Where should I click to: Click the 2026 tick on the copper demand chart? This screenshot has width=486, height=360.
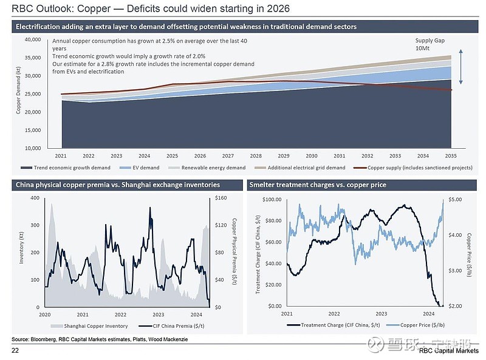pos(200,156)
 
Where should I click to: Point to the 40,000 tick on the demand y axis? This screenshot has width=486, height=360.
pos(32,39)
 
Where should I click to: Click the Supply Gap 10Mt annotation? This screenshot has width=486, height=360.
pos(423,44)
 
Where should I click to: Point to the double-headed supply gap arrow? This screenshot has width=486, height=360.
pos(461,67)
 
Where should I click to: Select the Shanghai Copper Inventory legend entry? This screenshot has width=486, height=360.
pos(85,326)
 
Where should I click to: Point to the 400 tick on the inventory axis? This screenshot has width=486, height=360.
pos(35,199)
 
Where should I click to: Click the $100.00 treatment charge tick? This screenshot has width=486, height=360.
pos(272,199)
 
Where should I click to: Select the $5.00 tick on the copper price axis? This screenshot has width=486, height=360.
pos(455,199)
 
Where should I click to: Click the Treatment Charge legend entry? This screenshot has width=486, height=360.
pos(340,325)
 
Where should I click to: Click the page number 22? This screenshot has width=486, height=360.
pos(15,352)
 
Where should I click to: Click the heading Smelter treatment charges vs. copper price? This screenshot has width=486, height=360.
pos(318,185)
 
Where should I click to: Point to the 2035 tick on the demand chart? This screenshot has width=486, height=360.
pos(450,156)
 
